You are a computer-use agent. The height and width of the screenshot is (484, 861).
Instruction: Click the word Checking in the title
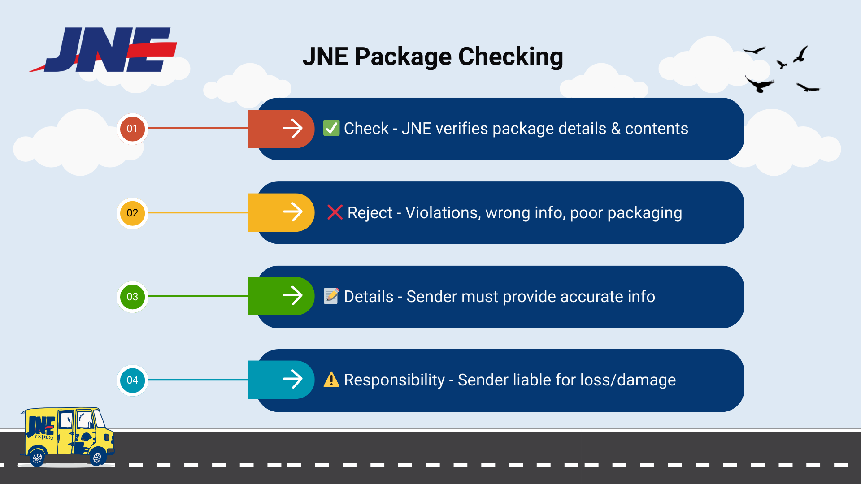tap(510, 57)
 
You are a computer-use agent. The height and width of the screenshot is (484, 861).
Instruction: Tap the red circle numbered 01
tap(132, 129)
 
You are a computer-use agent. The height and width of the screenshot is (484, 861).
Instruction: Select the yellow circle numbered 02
tap(132, 213)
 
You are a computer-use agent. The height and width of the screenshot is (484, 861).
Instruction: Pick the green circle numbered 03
tap(132, 297)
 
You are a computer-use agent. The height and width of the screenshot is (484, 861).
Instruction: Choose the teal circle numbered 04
tap(132, 380)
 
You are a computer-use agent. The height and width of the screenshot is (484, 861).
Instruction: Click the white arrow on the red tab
tap(293, 128)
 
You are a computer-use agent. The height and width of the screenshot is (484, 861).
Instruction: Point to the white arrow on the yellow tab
tap(293, 212)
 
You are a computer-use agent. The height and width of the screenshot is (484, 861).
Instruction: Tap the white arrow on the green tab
tap(293, 296)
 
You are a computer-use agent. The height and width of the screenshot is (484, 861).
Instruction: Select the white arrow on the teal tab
tap(293, 379)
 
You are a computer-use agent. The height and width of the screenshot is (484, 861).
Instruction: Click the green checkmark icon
tap(331, 128)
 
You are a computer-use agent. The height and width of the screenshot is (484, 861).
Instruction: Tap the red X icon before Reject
tap(335, 212)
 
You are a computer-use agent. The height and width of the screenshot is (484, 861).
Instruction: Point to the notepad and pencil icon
tap(331, 296)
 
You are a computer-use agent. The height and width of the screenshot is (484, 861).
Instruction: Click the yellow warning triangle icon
tap(331, 380)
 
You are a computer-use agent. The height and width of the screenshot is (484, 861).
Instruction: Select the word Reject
tap(370, 213)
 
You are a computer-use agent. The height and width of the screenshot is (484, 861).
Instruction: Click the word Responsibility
tap(394, 380)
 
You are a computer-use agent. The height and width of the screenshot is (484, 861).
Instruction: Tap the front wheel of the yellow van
tap(97, 457)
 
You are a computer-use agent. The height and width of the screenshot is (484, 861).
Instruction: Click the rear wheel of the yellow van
tap(37, 458)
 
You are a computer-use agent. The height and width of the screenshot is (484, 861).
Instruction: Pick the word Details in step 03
tap(368, 297)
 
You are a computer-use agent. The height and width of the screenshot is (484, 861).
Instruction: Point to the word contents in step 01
tap(657, 129)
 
